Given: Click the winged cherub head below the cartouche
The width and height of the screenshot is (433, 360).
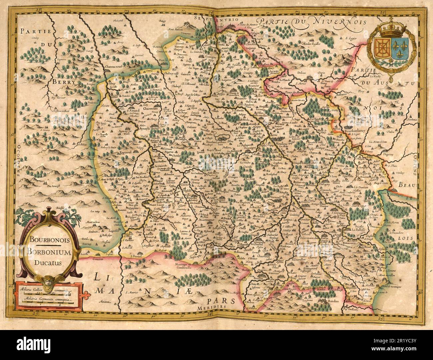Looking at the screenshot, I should click(x=49, y=278).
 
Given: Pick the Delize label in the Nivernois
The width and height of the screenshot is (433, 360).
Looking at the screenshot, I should click(x=301, y=72).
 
